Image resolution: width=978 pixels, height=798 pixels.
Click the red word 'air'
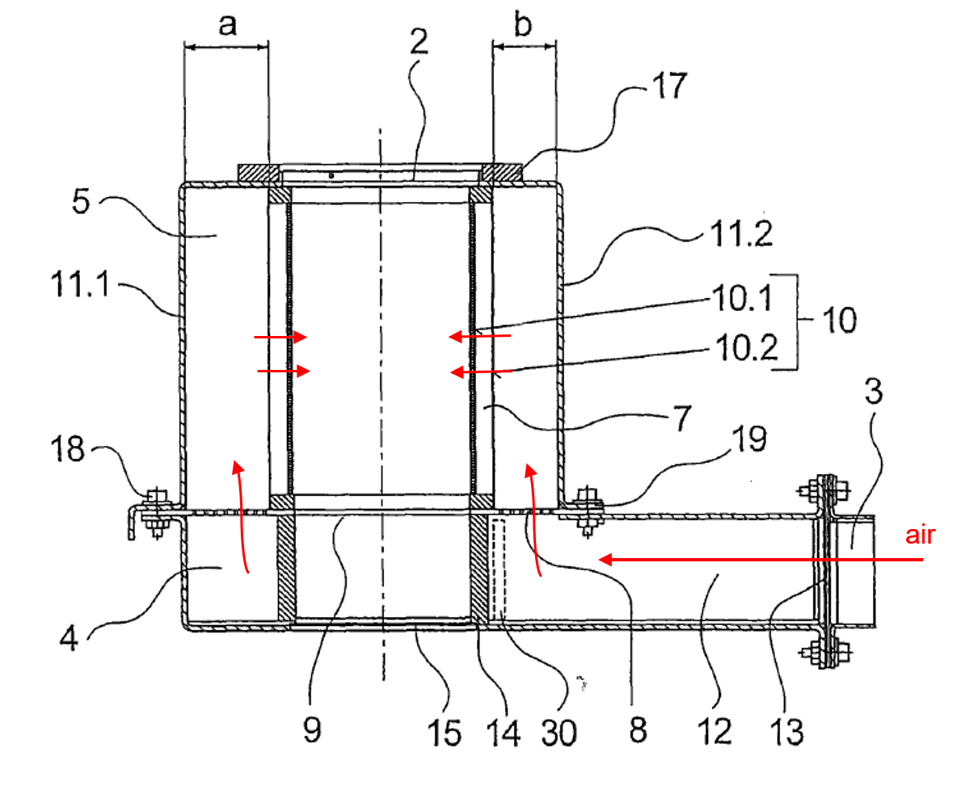920,535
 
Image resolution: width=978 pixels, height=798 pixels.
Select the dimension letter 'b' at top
523,23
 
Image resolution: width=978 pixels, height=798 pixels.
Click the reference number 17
669,86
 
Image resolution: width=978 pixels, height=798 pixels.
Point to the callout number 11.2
741,233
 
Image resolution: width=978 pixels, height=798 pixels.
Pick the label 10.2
747,347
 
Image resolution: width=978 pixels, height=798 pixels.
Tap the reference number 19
749,439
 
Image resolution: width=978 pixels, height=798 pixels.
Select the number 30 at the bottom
559,733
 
